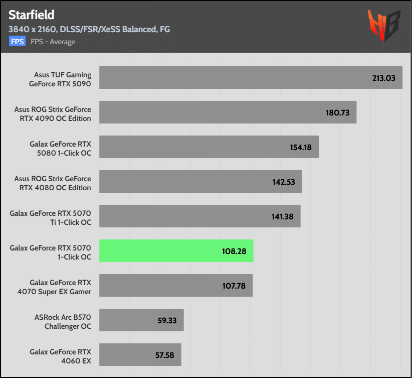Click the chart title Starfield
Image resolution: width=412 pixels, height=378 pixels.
click(32, 14)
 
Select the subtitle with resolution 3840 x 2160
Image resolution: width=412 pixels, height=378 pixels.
click(89, 29)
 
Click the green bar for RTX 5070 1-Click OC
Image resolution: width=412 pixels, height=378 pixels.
click(176, 250)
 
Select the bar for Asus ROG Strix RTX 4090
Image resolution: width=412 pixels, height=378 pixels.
click(228, 112)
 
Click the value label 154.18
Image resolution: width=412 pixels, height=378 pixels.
click(299, 147)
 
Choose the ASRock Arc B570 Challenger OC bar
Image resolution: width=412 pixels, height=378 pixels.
click(141, 320)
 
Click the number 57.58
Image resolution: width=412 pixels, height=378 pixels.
click(164, 355)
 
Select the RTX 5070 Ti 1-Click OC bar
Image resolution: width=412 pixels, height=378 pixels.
click(199, 216)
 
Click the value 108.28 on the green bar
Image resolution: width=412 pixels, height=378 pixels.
click(234, 250)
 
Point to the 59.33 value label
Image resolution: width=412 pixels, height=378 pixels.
click(167, 320)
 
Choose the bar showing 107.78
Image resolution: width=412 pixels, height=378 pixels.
click(175, 285)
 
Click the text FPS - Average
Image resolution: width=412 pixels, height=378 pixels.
click(53, 42)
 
